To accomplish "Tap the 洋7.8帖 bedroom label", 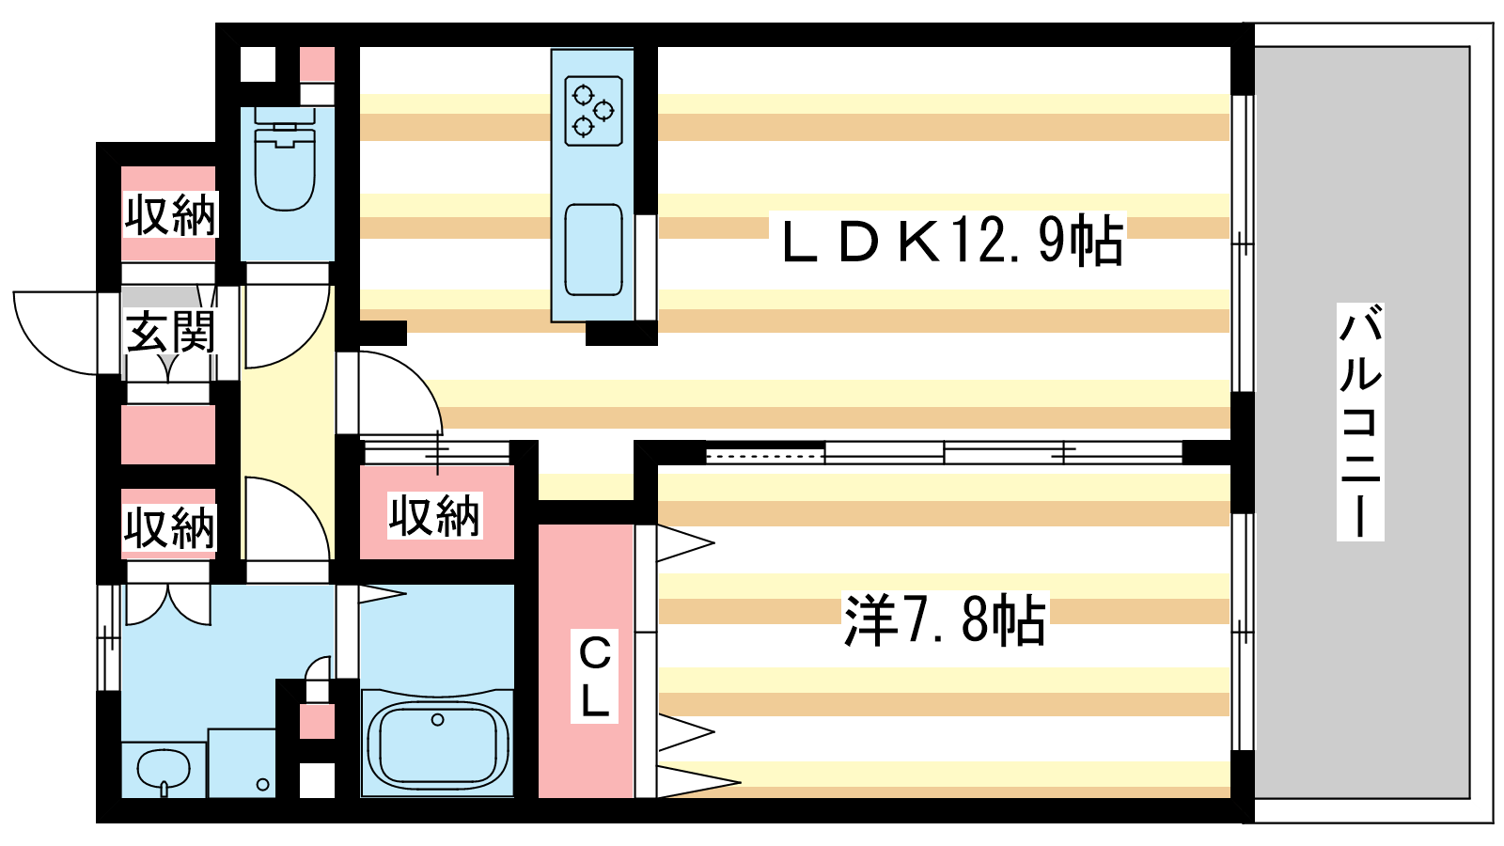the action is click(x=944, y=619).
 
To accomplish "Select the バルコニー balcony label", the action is click(x=1359, y=422).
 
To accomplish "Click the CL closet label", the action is click(x=594, y=676).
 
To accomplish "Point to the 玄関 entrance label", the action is click(x=170, y=332).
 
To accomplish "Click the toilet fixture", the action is click(x=286, y=159).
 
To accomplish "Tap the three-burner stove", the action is click(x=593, y=111).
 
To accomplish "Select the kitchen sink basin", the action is click(x=593, y=250).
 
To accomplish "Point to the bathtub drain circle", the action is click(x=438, y=720).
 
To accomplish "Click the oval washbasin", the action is click(x=164, y=769).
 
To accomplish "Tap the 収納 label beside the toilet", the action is click(x=170, y=215).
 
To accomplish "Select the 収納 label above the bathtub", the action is click(x=434, y=516).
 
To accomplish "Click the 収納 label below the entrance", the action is click(x=169, y=527).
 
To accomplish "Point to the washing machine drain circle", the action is click(x=262, y=784).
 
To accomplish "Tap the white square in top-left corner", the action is click(x=258, y=65).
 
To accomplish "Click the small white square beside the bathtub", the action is click(x=317, y=780).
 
